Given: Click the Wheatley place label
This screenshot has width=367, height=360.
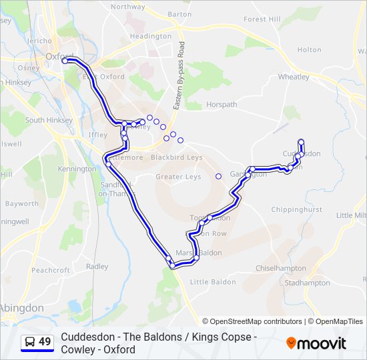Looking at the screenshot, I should click(x=294, y=77).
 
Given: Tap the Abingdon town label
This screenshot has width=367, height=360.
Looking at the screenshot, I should click(x=21, y=308).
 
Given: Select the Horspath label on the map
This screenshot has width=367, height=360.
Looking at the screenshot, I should click(x=222, y=105).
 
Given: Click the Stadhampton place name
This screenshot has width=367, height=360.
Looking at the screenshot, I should click(x=307, y=283).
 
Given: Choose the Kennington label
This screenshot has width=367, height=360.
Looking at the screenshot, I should click(x=77, y=169).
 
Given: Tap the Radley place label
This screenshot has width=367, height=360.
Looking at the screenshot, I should click(x=97, y=267).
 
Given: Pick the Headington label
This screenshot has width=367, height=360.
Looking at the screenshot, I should click(x=151, y=36).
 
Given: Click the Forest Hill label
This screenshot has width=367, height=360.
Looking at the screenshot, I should click(x=262, y=19).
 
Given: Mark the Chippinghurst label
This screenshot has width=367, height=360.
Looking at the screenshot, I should click(x=297, y=209).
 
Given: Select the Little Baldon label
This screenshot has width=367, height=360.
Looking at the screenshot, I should click(x=213, y=282).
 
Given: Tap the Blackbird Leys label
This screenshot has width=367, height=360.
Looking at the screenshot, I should click(x=176, y=157).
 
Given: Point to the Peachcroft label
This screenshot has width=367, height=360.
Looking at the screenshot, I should click(x=51, y=270).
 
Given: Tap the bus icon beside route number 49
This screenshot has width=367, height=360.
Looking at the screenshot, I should click(x=30, y=342).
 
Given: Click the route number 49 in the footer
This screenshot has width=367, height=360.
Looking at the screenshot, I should click(x=45, y=342).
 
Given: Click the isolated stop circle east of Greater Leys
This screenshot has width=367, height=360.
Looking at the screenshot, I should click(x=218, y=176).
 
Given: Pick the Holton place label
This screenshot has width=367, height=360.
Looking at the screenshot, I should click(x=309, y=49).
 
